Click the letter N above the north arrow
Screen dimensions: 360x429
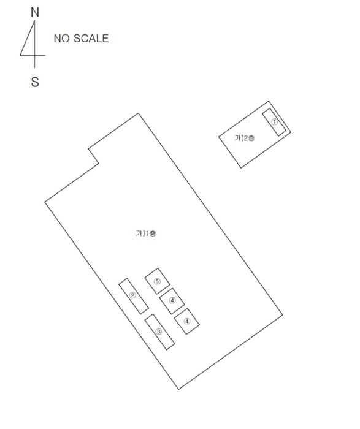coord(35,12)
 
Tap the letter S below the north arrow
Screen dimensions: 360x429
coord(35,82)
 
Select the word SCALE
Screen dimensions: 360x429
coord(91,38)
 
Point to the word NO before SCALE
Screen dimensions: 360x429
coord(61,38)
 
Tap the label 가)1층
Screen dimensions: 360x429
coord(146,233)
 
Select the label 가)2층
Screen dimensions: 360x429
coord(245,138)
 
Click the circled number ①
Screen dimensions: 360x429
coord(274,122)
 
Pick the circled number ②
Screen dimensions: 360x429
coord(132,295)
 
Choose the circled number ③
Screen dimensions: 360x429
coord(159,332)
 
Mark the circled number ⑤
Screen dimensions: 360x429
coord(157,281)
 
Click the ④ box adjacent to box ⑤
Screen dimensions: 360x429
coord(172,301)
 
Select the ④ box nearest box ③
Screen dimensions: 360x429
coord(186,321)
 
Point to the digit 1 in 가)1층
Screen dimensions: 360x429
coord(147,233)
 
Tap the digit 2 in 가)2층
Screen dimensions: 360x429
coord(245,138)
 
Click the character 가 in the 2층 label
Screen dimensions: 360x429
coord(237,138)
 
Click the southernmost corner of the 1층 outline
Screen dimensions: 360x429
coord(178,389)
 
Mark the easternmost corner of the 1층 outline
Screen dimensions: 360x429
coord(283,315)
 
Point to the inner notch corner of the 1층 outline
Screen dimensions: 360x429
coord(99,164)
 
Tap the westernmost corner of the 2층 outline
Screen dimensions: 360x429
coord(219,136)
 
